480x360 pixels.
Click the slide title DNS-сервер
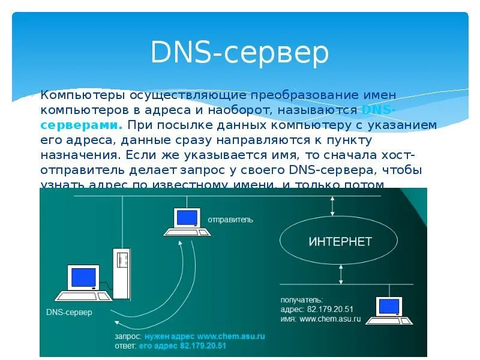239,53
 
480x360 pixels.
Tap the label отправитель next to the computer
230,220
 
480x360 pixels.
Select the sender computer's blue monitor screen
187,217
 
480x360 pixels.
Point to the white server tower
122,273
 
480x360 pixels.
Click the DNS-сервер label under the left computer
69,312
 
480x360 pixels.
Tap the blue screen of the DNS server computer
84,277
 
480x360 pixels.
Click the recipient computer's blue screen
388,305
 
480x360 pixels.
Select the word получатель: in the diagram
302,299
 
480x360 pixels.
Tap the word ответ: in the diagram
125,346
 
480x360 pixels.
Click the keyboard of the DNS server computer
83,296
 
